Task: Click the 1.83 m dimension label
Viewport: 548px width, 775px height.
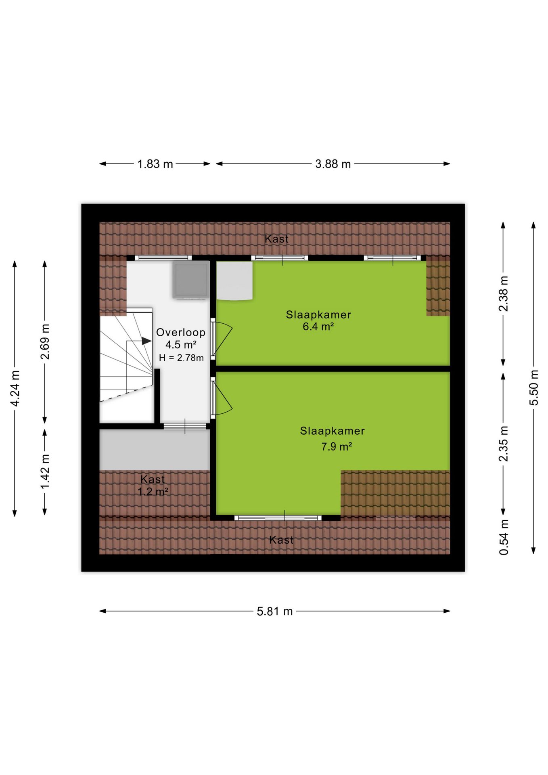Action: coord(155,164)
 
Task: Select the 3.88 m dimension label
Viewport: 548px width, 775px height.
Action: coord(333,164)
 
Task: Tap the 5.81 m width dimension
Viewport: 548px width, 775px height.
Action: coord(275,611)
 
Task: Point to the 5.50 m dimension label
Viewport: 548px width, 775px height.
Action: coord(534,387)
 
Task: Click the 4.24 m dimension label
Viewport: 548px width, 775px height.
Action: coord(15,388)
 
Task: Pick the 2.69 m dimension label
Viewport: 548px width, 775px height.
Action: coord(45,341)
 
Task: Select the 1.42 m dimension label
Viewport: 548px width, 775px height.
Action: coord(45,471)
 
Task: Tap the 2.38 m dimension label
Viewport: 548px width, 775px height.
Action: coord(504,294)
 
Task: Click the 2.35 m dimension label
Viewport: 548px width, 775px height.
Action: coord(504,444)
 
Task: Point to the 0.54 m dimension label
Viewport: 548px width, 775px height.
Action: coord(504,537)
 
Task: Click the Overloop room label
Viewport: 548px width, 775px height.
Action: coord(181,332)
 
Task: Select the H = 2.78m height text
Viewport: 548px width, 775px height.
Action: coord(181,358)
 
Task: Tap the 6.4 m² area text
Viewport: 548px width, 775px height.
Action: coord(318,326)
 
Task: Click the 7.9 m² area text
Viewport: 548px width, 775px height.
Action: coord(337,446)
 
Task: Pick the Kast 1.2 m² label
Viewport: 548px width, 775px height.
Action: coord(153,485)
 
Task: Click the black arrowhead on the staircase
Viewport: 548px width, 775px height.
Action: coord(146,341)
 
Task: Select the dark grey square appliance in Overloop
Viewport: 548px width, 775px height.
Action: coord(191,280)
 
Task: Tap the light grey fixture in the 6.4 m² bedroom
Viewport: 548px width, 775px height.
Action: coord(235,281)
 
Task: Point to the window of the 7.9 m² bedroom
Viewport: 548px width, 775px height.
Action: coord(278,518)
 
